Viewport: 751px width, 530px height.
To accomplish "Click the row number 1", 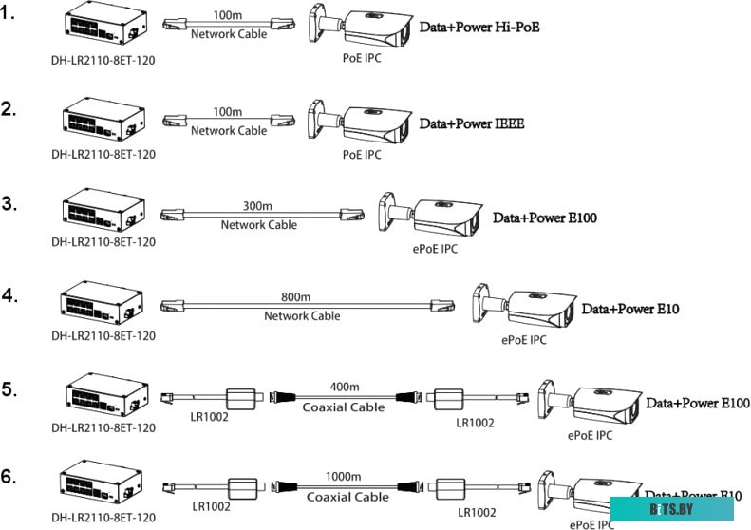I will pos(9,16).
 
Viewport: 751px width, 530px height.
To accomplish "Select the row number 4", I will pos(9,294).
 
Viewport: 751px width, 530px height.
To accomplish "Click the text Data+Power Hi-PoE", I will pos(479,28).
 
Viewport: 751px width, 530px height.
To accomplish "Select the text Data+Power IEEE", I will pos(472,123).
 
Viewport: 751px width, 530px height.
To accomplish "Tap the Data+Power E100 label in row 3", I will pos(545,218).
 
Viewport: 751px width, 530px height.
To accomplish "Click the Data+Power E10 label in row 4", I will pos(630,310).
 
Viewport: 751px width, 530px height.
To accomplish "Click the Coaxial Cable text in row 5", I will pos(344,407).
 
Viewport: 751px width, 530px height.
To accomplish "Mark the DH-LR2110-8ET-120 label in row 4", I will pos(103,335).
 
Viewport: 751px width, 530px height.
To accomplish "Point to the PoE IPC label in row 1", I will pos(362,58).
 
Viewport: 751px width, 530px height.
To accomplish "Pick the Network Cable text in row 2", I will pos(229,130).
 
